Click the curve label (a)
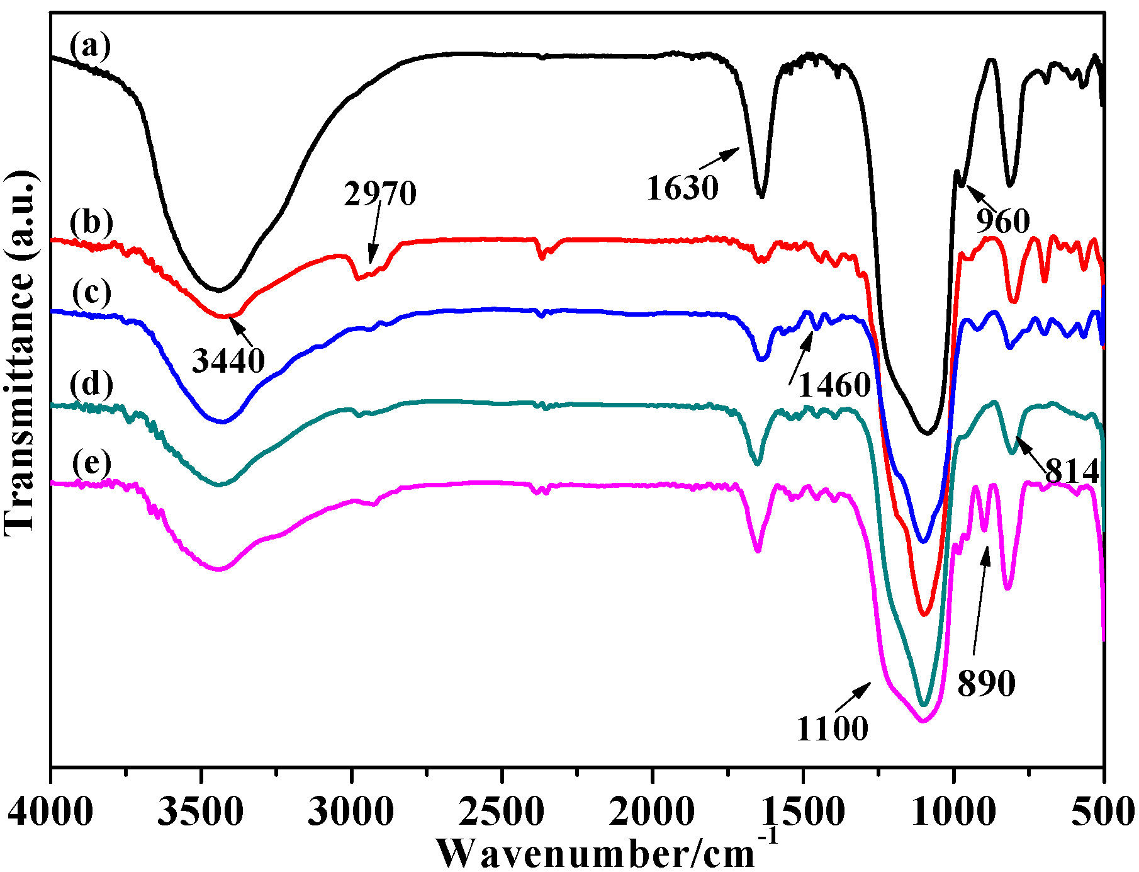click(x=91, y=46)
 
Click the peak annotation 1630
click(x=682, y=188)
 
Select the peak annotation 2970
click(x=380, y=194)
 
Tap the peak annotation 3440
click(x=228, y=361)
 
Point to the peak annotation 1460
click(x=834, y=385)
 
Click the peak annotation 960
click(x=1003, y=221)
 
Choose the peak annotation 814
click(x=1072, y=471)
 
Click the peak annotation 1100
click(x=832, y=729)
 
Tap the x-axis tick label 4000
click(x=50, y=812)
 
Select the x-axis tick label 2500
click(x=502, y=812)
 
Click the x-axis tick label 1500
click(x=803, y=812)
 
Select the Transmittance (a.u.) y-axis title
click(x=20, y=353)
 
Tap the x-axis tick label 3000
click(x=351, y=812)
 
